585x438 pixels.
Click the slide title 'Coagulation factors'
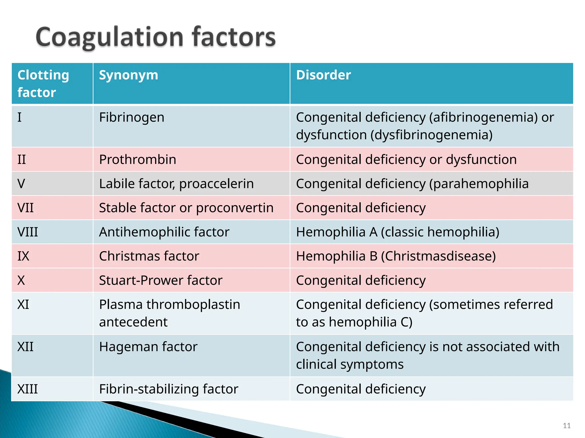pos(156,37)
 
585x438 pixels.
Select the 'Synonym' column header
pos(129,75)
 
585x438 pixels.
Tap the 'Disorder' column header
pos(323,75)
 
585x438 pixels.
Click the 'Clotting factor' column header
pos(43,84)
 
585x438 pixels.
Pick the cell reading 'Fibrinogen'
pos(132,117)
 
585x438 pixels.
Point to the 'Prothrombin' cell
pos(138,160)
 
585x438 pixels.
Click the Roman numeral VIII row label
pos(27,232)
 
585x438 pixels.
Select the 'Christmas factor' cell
pos(149,256)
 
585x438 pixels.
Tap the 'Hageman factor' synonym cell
pos(148,347)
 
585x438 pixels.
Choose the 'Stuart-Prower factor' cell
pos(161,280)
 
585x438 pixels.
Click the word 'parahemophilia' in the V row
pos(481,184)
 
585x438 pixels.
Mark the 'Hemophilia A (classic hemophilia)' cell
pos(398,232)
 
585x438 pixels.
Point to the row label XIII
pos(27,389)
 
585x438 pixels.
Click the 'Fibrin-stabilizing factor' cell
pos(169,389)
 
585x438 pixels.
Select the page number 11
pos(567,426)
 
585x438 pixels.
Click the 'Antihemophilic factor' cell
pos(164,232)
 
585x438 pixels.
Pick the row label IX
pos(23,256)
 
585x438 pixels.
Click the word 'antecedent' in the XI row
pos(133,322)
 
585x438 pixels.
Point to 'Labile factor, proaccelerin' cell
pos(176,184)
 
